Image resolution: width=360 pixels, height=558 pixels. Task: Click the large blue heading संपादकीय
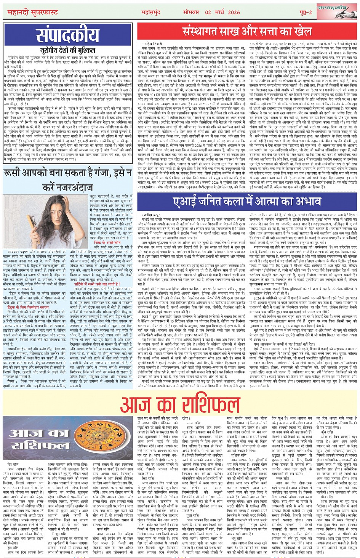(x=67, y=35)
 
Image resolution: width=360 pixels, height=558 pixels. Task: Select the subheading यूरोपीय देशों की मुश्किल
(x=67, y=50)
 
